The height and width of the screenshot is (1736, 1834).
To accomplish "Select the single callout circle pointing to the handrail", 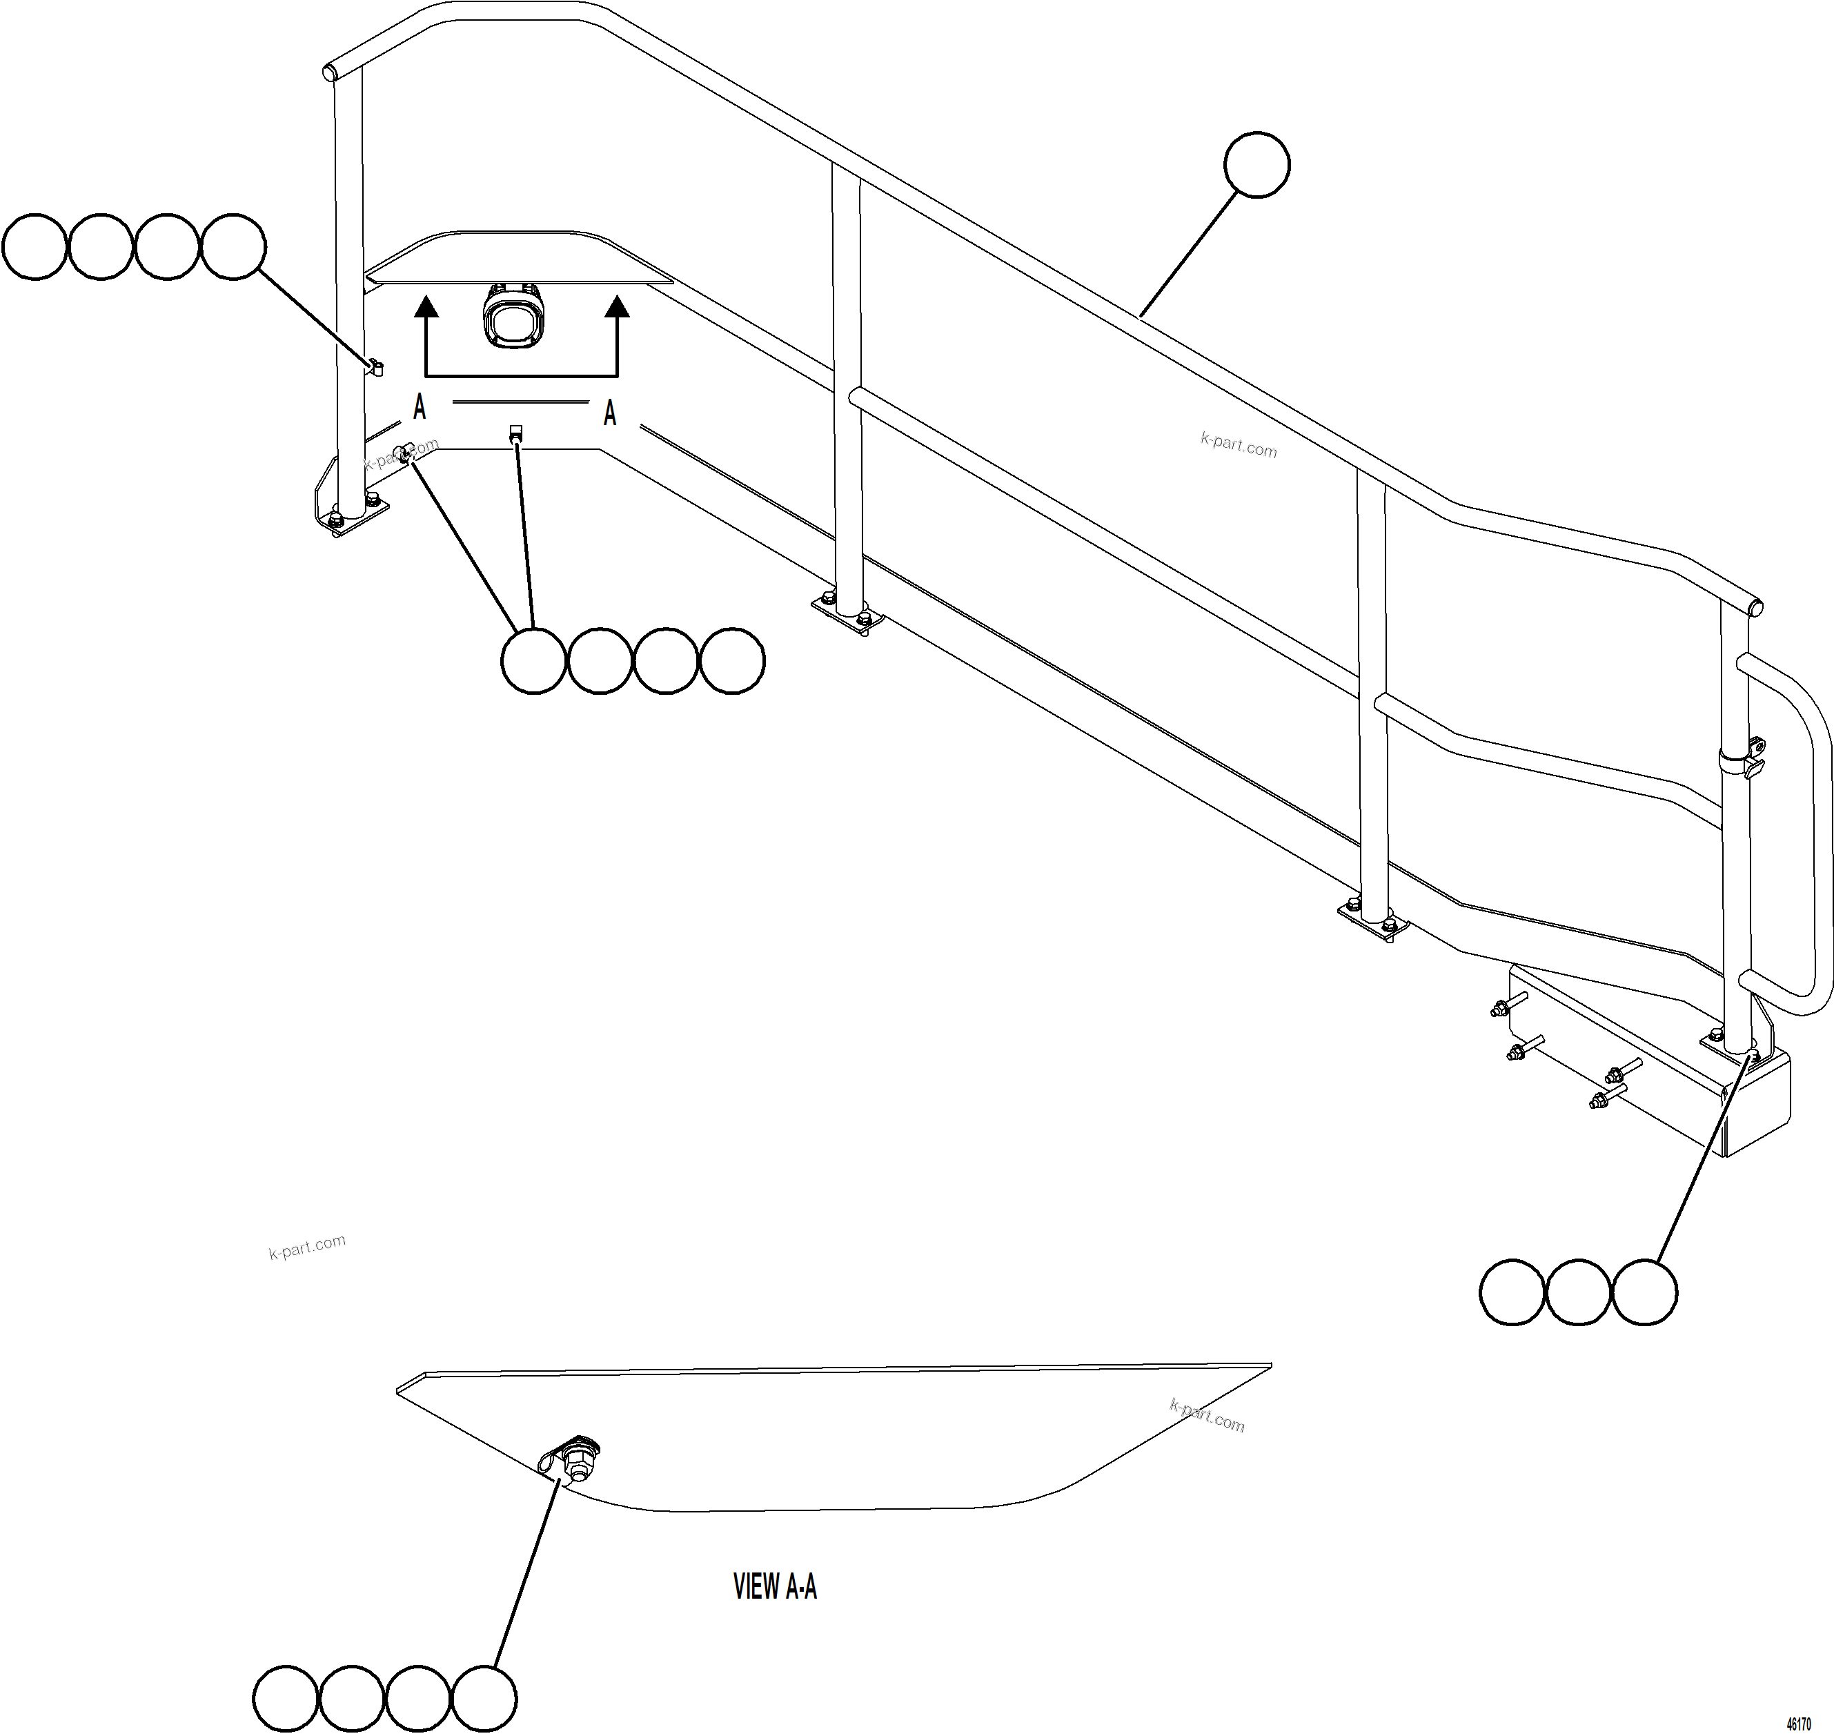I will [1256, 165].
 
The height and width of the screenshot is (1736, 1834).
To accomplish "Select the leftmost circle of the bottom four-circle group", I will [285, 1699].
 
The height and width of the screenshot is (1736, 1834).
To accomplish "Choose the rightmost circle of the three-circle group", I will [1644, 1292].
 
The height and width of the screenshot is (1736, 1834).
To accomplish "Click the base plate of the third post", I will [1372, 920].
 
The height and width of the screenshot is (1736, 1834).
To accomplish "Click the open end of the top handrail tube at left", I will [328, 71].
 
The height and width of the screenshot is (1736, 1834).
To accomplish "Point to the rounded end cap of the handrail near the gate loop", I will [1755, 607].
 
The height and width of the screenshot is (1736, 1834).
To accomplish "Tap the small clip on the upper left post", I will [375, 367].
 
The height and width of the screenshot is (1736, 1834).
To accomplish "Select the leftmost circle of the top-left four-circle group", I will [35, 246].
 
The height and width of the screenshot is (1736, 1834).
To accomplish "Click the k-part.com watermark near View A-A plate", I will [1207, 1416].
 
